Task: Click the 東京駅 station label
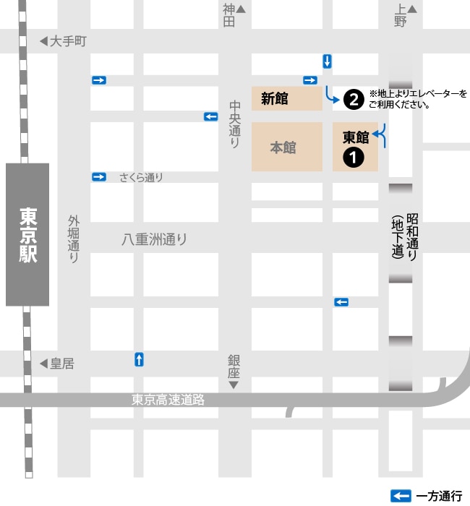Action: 27,235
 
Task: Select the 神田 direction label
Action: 229,15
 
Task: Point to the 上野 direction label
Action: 401,15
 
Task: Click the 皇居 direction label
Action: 61,364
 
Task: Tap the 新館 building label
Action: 275,99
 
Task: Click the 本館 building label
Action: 283,147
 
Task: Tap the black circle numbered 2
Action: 353,100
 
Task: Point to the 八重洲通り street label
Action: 154,239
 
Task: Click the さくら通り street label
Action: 141,178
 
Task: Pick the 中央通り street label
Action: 234,124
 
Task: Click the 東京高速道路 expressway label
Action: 168,399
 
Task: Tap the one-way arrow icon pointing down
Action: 328,61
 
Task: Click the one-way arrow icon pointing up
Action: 139,359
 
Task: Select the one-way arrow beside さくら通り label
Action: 99,177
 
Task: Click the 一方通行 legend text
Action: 439,496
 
